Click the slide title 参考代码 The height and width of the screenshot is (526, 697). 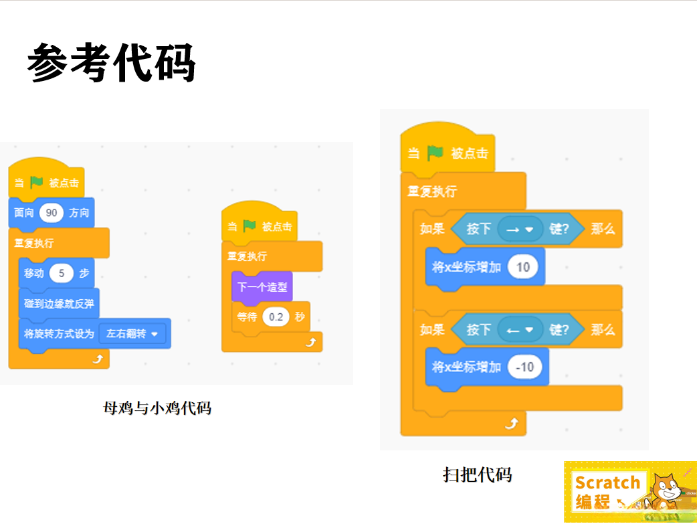coord(111,64)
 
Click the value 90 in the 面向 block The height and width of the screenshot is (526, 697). coord(52,213)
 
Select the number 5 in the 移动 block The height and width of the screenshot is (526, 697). coord(62,273)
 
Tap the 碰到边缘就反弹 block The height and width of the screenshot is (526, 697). coord(59,303)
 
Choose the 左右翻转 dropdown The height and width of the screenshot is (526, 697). coord(132,333)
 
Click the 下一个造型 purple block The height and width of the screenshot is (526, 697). coord(262,287)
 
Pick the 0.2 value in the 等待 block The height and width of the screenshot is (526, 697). coord(276,317)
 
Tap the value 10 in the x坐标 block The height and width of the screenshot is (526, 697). coord(523,267)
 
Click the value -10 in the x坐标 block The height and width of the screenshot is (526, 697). coord(525,367)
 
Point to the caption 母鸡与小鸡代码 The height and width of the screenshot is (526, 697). coord(157,408)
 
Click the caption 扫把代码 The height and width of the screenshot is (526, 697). coord(478,474)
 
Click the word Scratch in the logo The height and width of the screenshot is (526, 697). coord(607,483)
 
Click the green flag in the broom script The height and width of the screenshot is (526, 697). coord(435,153)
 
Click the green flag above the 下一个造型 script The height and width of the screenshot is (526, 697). coord(250,226)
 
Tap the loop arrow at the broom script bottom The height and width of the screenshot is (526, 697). coord(512,424)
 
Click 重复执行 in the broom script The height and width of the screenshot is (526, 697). coord(432,191)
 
